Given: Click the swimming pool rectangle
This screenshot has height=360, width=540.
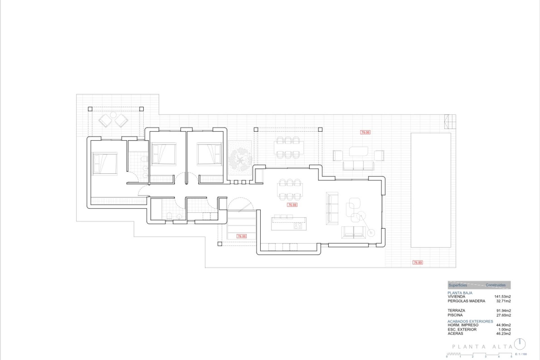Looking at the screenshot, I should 431,190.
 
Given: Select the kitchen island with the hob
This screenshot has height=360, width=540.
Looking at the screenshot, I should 289,224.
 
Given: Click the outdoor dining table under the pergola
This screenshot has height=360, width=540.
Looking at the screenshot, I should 288,147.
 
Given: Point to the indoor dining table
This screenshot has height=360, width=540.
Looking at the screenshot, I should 290,190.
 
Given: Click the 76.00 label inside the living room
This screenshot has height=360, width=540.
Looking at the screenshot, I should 292,205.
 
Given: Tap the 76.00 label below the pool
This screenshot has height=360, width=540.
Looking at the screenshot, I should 417,262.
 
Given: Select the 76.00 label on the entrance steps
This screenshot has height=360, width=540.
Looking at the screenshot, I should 242,236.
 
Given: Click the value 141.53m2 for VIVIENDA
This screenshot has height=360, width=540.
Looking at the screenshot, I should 502,296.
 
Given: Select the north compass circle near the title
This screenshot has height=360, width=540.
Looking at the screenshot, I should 520,344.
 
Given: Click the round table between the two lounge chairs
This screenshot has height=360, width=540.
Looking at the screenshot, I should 113,115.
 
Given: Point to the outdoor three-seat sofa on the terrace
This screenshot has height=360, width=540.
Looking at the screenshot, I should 358,165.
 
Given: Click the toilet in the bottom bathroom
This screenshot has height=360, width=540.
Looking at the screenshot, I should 169,216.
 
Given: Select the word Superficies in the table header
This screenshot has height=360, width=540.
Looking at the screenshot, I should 458,285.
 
